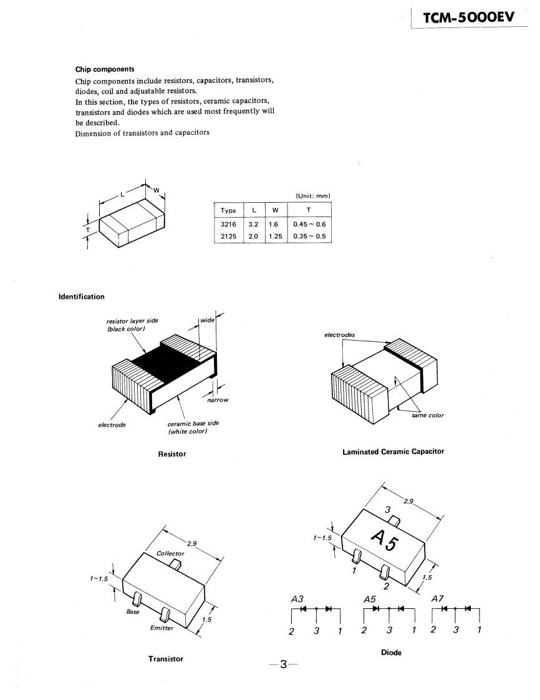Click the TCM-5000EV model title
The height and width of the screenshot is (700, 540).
coord(468,19)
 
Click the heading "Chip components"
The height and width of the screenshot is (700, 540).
coord(105,69)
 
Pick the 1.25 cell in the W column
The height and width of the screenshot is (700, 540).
coord(276,236)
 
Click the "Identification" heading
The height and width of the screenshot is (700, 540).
coord(82,296)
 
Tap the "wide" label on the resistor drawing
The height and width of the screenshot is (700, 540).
coord(208,320)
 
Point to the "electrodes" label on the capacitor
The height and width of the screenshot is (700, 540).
coord(340,335)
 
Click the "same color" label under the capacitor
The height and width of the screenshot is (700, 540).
coord(428,416)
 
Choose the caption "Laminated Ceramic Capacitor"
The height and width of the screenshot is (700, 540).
coord(393,451)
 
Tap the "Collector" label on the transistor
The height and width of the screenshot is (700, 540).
coord(170,553)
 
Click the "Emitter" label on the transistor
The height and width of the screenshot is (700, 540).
coord(162,628)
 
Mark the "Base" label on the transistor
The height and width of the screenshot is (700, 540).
coord(133,611)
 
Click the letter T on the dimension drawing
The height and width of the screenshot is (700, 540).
coord(88,230)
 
